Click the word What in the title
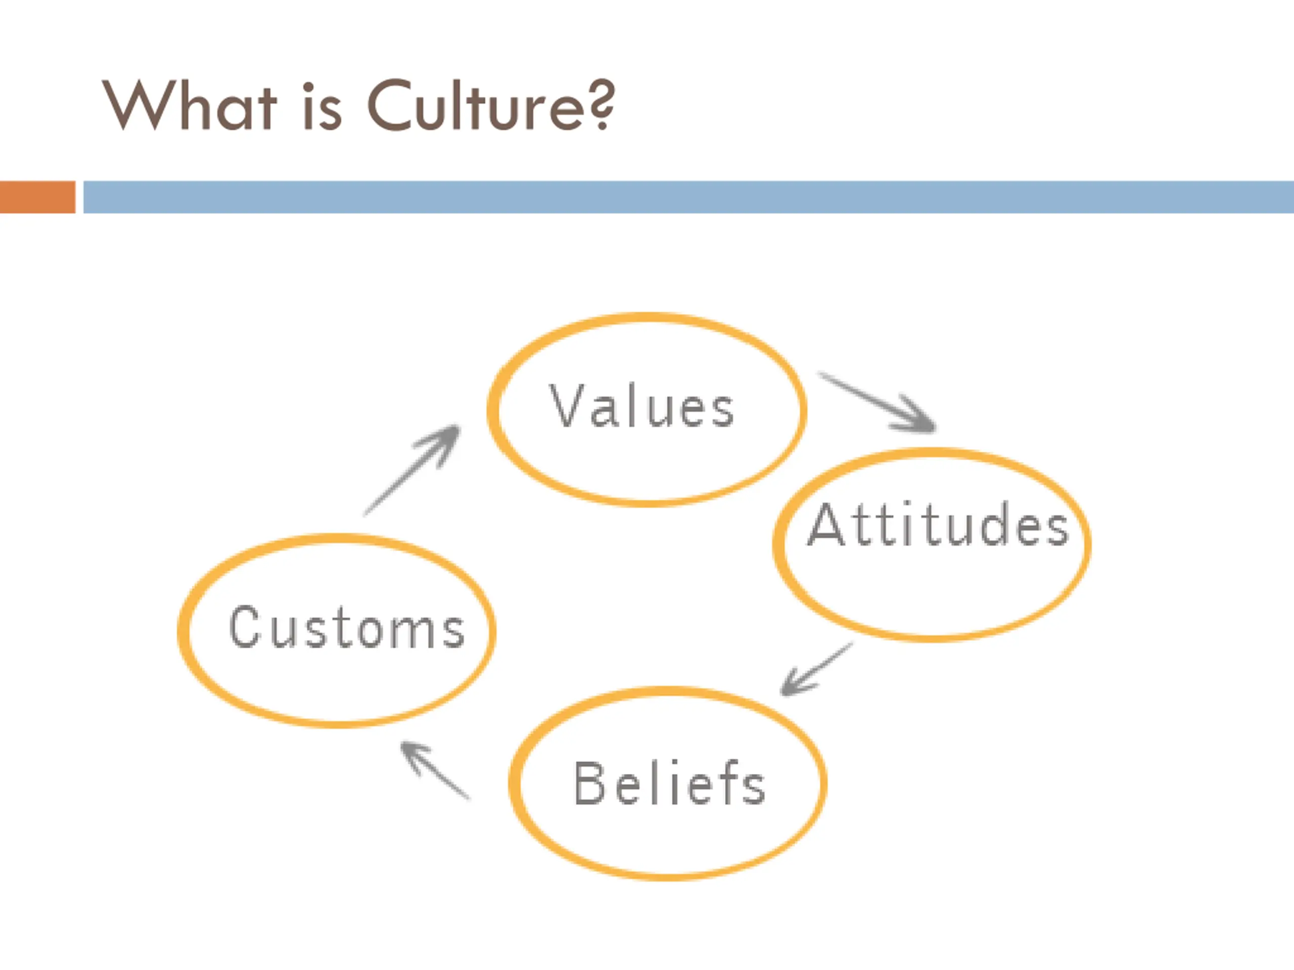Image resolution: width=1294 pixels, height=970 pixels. click(189, 105)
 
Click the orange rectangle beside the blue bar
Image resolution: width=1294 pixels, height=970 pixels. click(37, 197)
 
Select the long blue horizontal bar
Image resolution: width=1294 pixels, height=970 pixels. click(688, 197)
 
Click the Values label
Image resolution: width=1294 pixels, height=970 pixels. click(642, 406)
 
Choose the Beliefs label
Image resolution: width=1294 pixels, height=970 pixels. click(670, 783)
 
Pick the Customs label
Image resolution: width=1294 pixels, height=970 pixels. click(347, 627)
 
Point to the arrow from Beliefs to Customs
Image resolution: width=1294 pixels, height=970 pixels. click(434, 769)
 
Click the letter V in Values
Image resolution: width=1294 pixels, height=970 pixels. click(565, 406)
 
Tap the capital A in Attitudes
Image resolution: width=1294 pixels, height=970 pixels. click(825, 524)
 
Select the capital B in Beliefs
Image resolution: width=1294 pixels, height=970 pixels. click(589, 783)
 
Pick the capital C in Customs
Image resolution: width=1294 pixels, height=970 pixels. click(244, 627)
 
